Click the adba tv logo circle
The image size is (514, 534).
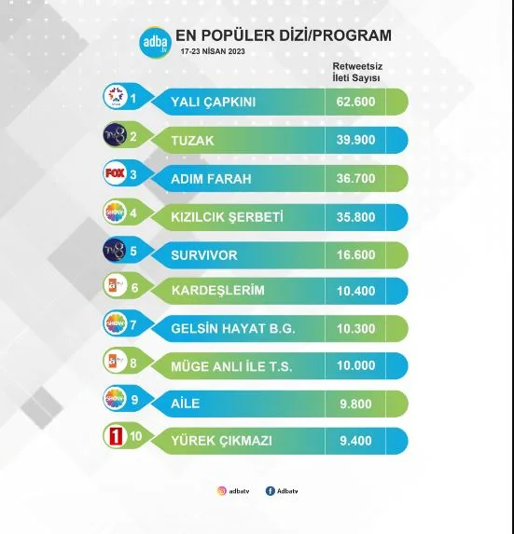coord(155,43)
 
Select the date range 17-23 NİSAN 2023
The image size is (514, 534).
coord(213,51)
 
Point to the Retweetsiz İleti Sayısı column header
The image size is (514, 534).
coord(357,72)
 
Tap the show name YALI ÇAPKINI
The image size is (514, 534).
coord(213,102)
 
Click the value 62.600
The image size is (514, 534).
coord(355,102)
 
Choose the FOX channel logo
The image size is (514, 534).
coord(115,173)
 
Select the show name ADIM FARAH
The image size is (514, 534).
coord(211,179)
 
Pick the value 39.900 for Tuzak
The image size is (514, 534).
coord(355,140)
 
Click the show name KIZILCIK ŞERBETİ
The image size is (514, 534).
coord(227,217)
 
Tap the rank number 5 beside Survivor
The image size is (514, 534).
coord(133,251)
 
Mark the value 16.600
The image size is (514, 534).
coord(355,255)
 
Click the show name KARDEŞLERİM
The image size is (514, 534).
coord(217,290)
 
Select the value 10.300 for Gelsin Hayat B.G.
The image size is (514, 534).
coord(355,329)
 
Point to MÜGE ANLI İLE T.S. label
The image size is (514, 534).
coord(231,366)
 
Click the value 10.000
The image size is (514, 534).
coord(355,365)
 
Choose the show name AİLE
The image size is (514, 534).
coord(185,404)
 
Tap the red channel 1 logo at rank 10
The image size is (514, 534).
coord(115,436)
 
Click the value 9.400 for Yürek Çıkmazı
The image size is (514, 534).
coord(355,441)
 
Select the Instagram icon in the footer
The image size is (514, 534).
coord(222,491)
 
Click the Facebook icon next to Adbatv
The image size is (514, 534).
coord(270,491)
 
